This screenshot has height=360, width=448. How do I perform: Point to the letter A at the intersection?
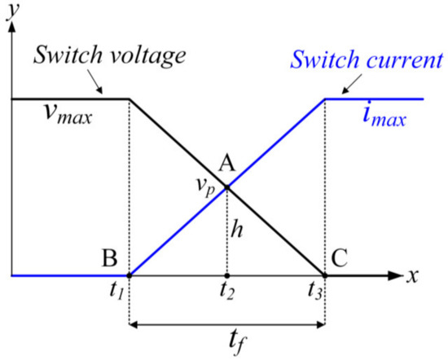(x=228, y=164)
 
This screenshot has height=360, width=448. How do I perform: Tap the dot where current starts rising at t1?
(x=129, y=275)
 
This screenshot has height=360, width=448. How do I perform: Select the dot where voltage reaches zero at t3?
(x=325, y=275)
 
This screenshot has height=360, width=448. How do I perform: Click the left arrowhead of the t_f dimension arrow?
(x=134, y=326)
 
